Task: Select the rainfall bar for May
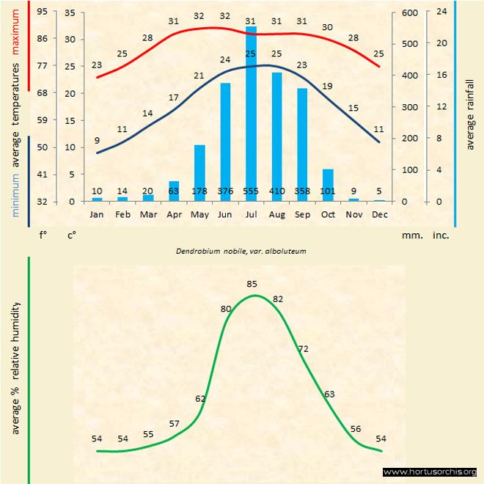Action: click(x=199, y=173)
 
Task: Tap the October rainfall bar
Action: click(x=328, y=185)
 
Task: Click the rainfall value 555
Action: click(x=251, y=192)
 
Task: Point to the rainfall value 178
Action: click(x=199, y=192)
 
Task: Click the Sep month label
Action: click(x=302, y=214)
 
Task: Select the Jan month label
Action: click(x=97, y=214)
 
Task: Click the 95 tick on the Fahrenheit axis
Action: click(x=42, y=12)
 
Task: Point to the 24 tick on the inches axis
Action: click(x=441, y=12)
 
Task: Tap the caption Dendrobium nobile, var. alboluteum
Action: click(x=241, y=250)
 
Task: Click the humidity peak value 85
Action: click(x=252, y=283)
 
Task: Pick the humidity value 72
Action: click(x=303, y=348)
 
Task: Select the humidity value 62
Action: click(x=200, y=398)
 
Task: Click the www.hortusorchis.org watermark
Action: click(x=430, y=472)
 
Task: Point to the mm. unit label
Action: click(x=410, y=235)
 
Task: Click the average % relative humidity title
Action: click(x=15, y=367)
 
